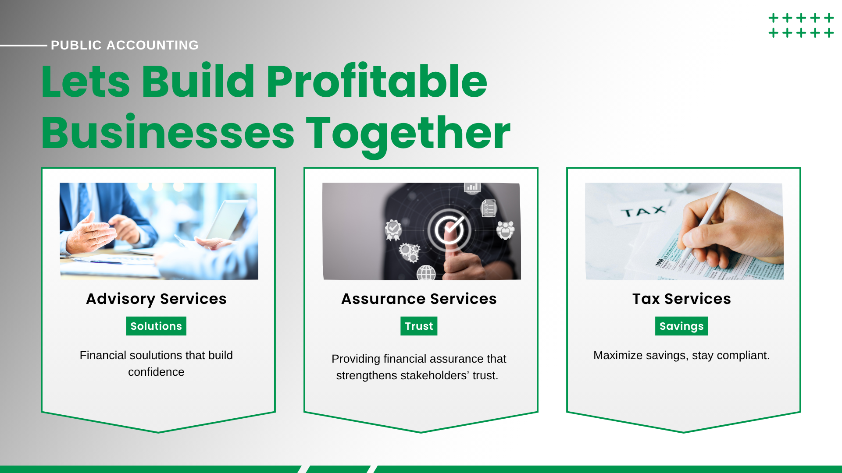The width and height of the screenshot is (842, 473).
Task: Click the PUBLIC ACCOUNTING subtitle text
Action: [125, 45]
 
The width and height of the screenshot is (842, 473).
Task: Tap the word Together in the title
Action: [408, 133]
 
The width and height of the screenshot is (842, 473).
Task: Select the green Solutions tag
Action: [156, 326]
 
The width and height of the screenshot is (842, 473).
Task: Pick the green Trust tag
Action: [419, 326]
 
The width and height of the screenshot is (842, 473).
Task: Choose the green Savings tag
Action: [681, 326]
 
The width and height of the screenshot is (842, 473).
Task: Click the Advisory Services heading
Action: [157, 299]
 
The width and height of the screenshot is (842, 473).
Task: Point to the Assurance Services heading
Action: [419, 299]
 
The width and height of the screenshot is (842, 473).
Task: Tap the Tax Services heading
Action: [681, 299]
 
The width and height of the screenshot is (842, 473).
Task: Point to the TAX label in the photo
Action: [643, 212]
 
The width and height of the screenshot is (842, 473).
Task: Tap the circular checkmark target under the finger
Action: [449, 229]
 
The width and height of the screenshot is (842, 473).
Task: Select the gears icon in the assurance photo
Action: [409, 252]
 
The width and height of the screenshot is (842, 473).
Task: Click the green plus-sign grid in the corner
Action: [801, 25]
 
